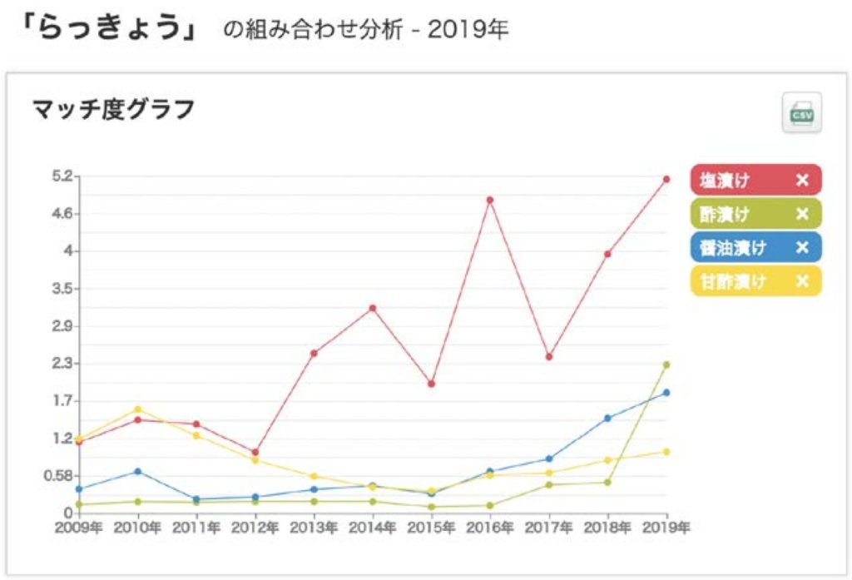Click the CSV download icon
pos(801,112)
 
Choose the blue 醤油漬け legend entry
pos(732,247)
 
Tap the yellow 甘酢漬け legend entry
pos(732,281)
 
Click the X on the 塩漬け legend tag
pos(802,180)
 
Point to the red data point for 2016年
pos(490,200)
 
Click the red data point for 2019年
pos(666,179)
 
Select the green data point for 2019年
pos(666,364)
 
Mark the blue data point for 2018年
pos(607,418)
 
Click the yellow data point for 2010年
pos(137,409)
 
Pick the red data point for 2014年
pos(373,308)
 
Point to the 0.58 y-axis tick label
pos(61,476)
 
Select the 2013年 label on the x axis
pos(314,528)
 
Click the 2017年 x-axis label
pos(549,528)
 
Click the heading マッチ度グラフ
pos(113,109)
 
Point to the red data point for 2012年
pos(255,453)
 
